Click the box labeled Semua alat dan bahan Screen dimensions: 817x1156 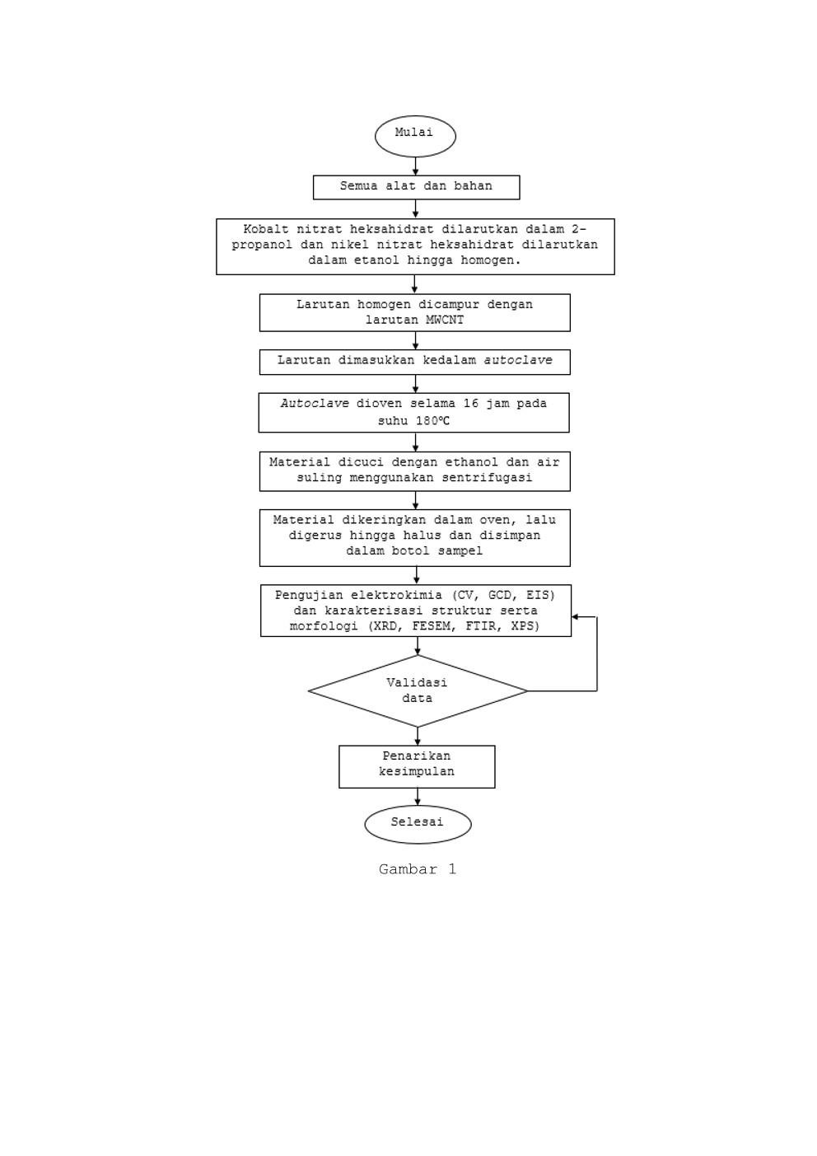coord(416,187)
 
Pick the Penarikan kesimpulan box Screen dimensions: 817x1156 coord(417,766)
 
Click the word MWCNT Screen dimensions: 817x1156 coord(445,320)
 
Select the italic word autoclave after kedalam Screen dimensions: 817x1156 coord(518,360)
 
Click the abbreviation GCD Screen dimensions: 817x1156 coord(499,596)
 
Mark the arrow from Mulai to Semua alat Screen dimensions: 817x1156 coord(416,166)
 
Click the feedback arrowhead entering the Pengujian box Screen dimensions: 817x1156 coord(575,616)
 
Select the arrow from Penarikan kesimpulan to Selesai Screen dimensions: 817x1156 coord(418,797)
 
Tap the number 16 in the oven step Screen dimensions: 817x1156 coord(471,404)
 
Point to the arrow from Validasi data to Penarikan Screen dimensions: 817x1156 coord(418,736)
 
